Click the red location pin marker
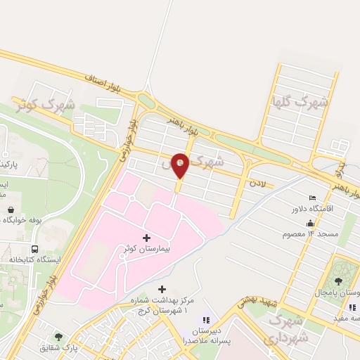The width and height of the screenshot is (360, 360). pyautogui.click(x=181, y=165)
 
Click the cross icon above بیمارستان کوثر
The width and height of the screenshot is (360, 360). pyautogui.click(x=146, y=238)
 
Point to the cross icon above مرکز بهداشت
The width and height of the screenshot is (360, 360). pyautogui.click(x=162, y=289)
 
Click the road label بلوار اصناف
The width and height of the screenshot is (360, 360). pyautogui.click(x=106, y=84)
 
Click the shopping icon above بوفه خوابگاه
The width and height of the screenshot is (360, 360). pyautogui.click(x=12, y=209)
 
